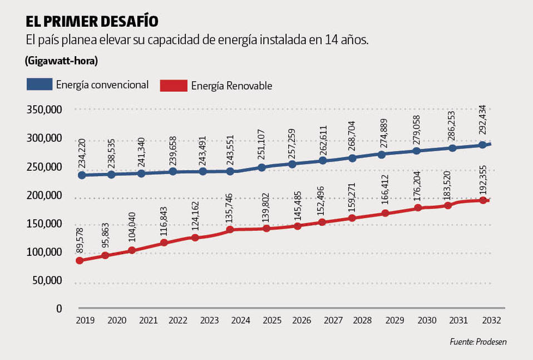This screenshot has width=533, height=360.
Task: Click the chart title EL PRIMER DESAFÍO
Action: pyautogui.click(x=92, y=21)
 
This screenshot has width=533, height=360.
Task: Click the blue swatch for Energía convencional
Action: pyautogui.click(x=40, y=85)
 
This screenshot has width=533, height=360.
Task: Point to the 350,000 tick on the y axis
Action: pyautogui.click(x=45, y=110)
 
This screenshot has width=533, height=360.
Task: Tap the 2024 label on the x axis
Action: pyautogui.click(x=240, y=321)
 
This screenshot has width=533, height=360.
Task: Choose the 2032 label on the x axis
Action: pyautogui.click(x=492, y=321)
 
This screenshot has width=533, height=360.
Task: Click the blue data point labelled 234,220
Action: pyautogui.click(x=82, y=175)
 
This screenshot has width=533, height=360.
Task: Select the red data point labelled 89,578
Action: pyautogui.click(x=80, y=260)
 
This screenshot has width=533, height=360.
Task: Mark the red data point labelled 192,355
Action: pyautogui.click(x=483, y=200)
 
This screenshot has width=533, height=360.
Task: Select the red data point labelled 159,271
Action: pyautogui.click(x=352, y=218)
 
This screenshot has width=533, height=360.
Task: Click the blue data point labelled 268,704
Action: pyautogui.click(x=352, y=158)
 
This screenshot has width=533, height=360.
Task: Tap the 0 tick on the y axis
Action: pyautogui.click(x=58, y=308)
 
